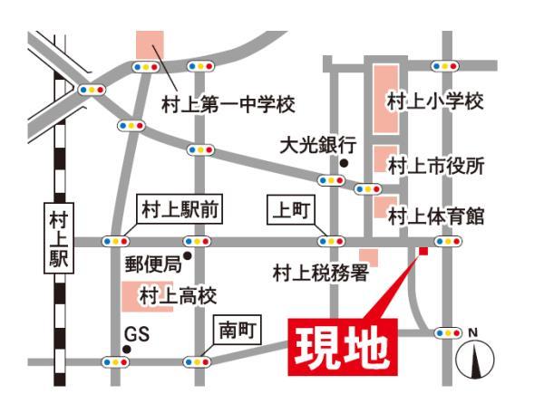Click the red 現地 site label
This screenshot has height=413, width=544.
pos(344,345)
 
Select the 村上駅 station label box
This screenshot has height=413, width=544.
pos(61,237)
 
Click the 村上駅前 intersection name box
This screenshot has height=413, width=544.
pos(180,210)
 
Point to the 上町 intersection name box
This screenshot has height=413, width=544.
pos(292,211)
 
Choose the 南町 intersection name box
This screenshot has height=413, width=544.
pos(237,331)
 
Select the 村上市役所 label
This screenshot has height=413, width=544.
pos(436,166)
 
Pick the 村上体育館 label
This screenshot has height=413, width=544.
pos(436,216)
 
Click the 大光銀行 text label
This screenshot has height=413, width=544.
pos(316,145)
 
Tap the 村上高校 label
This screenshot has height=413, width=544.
pos(178,296)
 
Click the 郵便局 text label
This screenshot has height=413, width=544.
pos(151,264)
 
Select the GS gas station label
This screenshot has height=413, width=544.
pos(136,335)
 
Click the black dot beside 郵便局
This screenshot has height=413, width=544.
pos(187,256)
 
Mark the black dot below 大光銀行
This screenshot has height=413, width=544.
pos(345,163)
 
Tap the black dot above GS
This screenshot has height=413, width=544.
pos(123,319)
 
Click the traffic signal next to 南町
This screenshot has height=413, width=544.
pos(197,361)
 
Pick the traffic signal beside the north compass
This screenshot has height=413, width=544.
pos(447,333)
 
